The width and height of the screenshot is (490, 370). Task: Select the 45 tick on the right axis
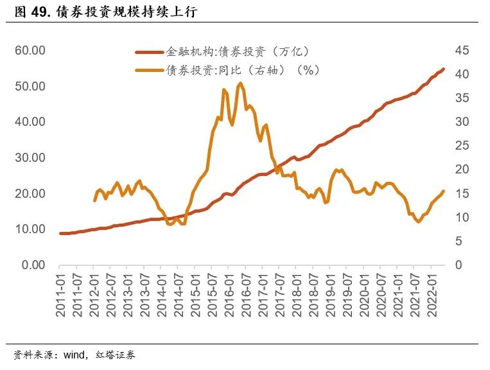[464, 50]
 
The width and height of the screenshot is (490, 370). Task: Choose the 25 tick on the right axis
[464, 145]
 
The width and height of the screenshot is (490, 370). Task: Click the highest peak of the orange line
[240, 84]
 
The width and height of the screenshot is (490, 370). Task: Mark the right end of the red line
[444, 69]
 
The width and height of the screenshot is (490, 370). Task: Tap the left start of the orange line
[94, 200]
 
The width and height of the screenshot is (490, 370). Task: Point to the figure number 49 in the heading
[42, 12]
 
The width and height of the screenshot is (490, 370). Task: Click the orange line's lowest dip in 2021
[419, 222]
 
